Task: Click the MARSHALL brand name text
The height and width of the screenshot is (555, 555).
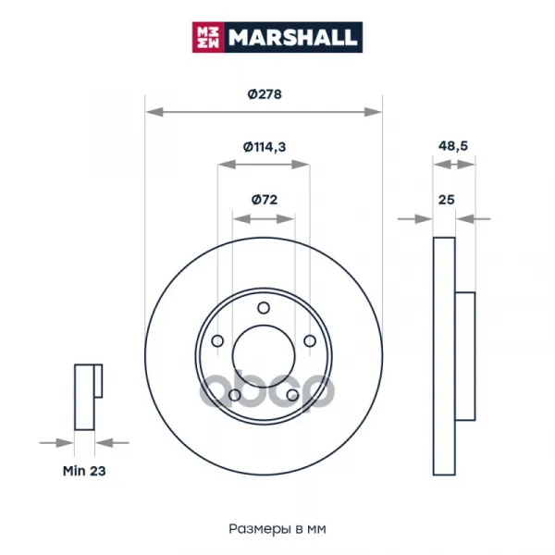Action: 292,37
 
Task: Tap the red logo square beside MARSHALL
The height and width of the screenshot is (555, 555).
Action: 208,37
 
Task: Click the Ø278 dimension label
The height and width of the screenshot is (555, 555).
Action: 265,94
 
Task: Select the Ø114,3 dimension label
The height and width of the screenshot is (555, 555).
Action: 264,146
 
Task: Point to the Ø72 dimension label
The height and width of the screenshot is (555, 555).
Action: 265,200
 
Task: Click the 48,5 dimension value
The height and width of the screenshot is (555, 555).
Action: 453,145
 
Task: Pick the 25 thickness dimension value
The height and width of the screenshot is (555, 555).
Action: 446,200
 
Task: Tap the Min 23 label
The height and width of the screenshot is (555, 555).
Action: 84,471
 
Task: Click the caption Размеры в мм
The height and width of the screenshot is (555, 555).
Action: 277,529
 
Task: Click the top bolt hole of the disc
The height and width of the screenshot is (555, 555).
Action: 264,308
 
